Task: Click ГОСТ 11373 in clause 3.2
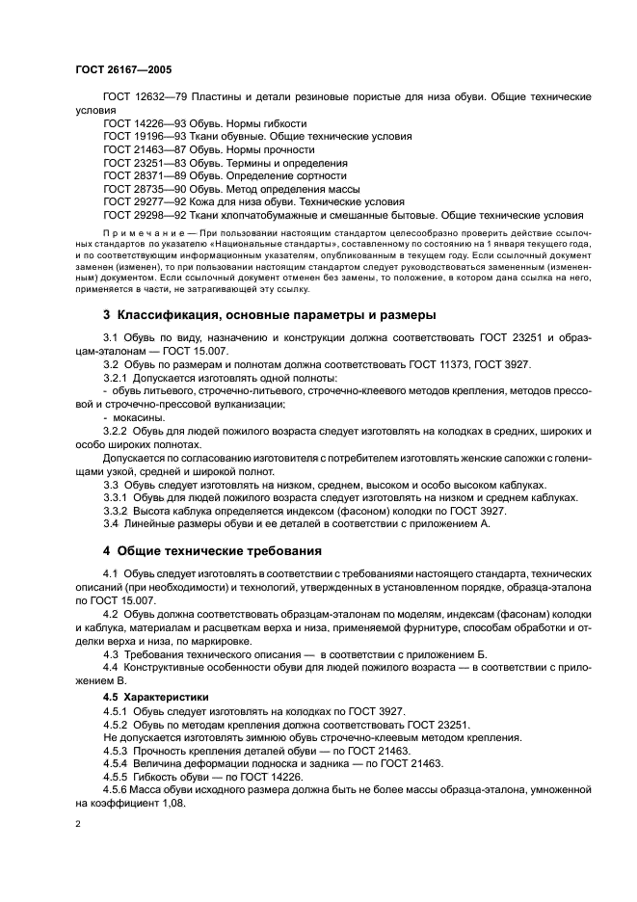click(x=449, y=363)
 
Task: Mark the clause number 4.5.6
click(x=117, y=789)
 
